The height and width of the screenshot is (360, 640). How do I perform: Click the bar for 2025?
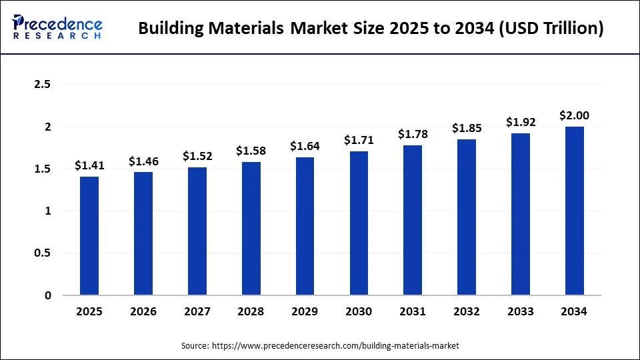(89, 236)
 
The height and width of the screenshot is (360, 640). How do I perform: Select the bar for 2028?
(251, 229)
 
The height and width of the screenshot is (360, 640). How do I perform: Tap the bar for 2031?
(413, 220)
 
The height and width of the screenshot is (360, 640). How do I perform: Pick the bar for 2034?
(575, 211)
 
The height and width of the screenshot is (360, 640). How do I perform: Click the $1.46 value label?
(143, 161)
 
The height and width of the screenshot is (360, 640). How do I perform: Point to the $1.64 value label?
(305, 146)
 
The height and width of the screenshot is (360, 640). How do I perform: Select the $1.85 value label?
(467, 128)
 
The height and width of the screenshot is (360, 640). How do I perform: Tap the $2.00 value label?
(575, 115)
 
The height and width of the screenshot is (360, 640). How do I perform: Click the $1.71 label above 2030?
(359, 140)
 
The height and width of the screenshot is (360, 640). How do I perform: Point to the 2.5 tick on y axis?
(42, 85)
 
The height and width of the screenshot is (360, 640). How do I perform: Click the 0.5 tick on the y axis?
(42, 253)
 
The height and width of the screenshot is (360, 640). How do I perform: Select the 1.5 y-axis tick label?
(42, 169)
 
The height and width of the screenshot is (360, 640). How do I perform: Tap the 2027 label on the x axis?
(197, 311)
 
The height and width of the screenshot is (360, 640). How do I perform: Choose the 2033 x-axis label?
(521, 311)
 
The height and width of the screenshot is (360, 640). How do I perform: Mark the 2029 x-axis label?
(305, 311)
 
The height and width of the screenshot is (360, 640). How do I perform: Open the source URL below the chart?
(335, 346)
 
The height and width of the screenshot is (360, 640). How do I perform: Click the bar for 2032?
(467, 217)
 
